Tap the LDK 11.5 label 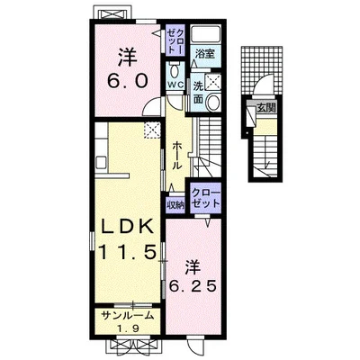128,240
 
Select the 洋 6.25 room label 193,276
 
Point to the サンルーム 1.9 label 128,322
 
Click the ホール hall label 177,156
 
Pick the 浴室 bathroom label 205,54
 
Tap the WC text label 175,85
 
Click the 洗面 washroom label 198,92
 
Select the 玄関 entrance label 266,108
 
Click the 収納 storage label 175,205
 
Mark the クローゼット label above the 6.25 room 205,198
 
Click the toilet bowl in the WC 175,71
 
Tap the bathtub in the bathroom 206,34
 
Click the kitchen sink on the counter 101,163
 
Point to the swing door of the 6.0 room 152,107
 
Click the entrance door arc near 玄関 262,83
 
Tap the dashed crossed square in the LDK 152,130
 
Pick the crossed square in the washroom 214,81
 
